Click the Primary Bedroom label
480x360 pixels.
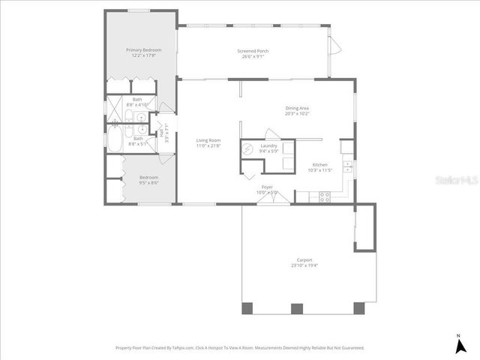click(142, 49)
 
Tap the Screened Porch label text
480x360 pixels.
click(253, 51)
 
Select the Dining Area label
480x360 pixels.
click(297, 108)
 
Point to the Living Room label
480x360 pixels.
click(208, 140)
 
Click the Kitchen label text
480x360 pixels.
click(319, 164)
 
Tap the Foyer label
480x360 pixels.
click(268, 187)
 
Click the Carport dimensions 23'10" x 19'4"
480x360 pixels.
click(304, 265)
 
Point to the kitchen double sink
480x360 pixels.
click(346, 167)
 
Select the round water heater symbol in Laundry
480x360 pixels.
click(248, 148)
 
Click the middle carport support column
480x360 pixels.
click(296, 308)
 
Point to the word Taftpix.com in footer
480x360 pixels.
click(182, 348)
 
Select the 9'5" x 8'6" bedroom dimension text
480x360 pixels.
click(148, 182)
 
